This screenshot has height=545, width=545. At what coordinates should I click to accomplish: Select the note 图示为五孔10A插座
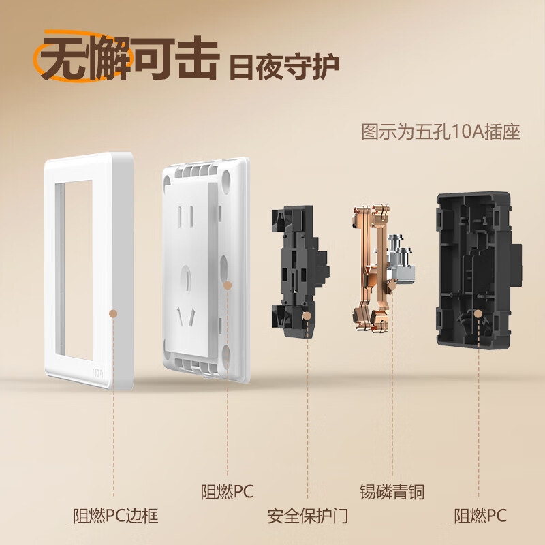441,131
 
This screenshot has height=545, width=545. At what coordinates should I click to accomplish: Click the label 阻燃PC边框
116,516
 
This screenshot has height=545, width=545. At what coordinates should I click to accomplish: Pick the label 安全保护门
308,516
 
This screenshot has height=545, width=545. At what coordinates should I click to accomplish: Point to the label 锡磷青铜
392,490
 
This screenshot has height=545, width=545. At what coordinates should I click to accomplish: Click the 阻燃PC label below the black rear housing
480,516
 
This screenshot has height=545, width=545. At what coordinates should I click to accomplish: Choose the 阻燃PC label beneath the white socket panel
227,490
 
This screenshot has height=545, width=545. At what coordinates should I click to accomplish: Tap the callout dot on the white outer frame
114,313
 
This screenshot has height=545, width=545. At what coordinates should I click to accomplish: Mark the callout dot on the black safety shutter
308,316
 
